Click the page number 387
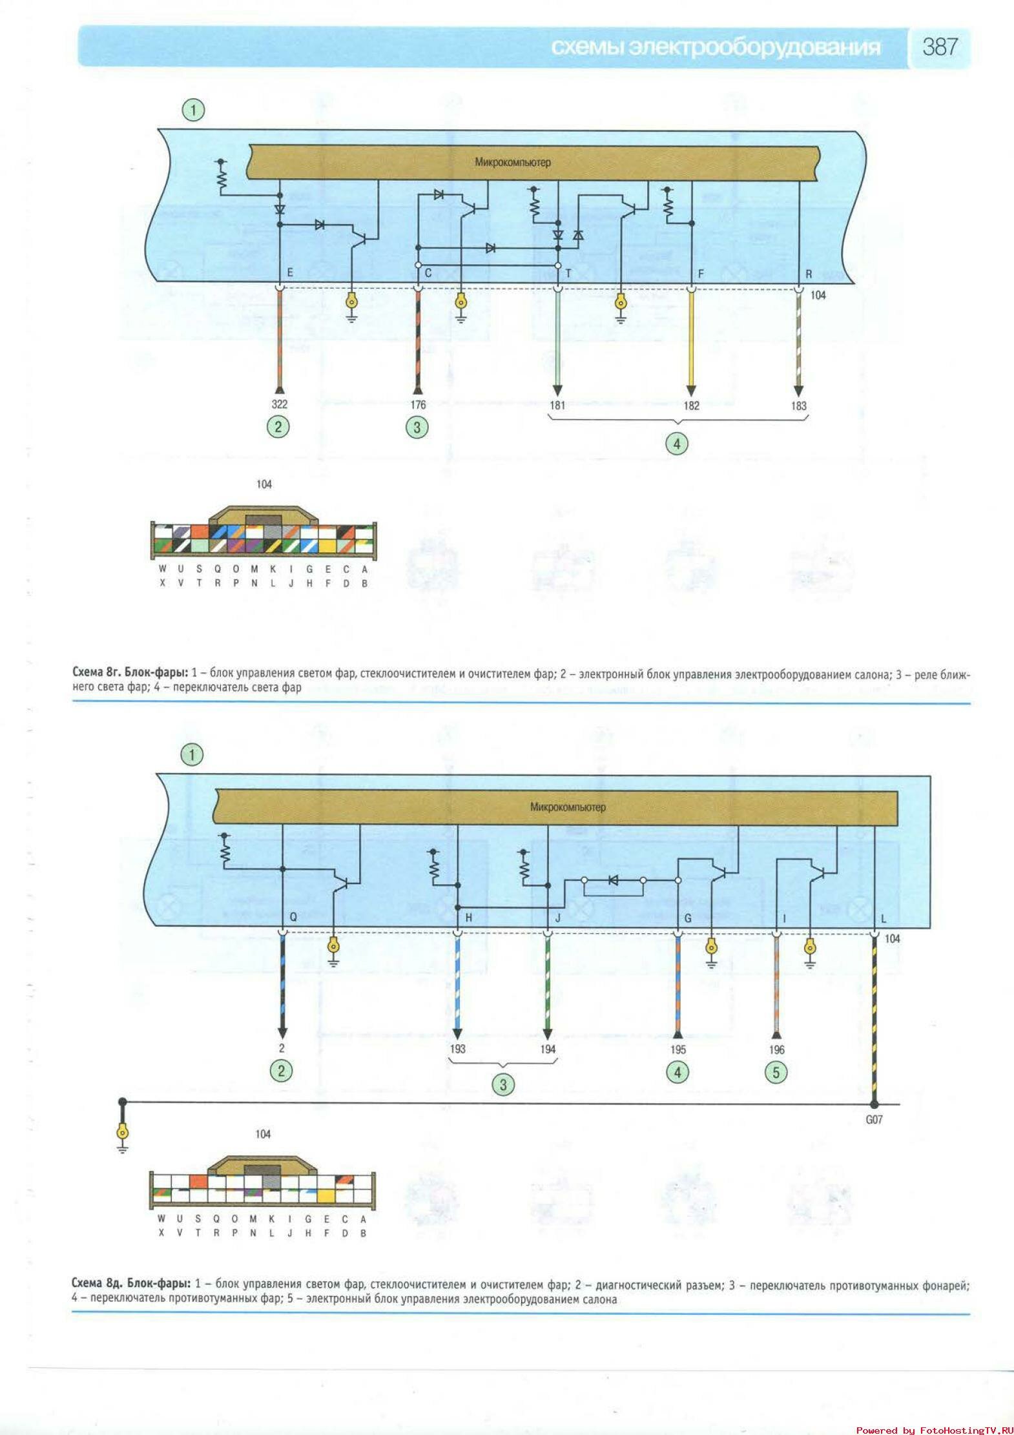point(940,46)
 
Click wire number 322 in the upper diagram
point(279,404)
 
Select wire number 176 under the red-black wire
point(418,405)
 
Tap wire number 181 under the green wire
point(557,406)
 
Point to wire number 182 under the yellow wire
point(691,406)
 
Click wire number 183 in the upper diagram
point(798,406)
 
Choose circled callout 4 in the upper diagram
point(677,444)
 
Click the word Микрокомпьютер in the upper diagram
point(513,162)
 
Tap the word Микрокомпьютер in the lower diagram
point(568,807)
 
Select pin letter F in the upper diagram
point(701,274)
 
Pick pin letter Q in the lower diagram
point(293,917)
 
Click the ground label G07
point(874,1120)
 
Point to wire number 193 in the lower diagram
point(457,1049)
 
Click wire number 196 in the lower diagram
point(776,1050)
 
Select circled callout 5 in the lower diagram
point(776,1073)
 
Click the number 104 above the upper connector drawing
point(264,484)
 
